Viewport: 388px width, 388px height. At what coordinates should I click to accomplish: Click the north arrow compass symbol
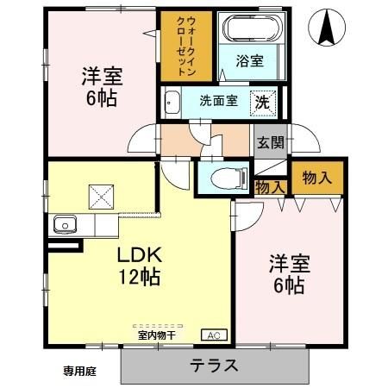(327, 28)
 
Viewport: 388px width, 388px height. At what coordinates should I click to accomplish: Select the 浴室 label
(251, 61)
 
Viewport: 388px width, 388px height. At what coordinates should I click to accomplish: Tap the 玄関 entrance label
(268, 142)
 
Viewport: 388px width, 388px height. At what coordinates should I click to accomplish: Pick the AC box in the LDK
(211, 335)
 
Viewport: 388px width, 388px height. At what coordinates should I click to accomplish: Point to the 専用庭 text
(80, 371)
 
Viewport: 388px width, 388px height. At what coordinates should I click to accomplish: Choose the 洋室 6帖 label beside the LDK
(286, 274)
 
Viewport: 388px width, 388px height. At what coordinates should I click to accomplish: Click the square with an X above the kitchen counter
(99, 196)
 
